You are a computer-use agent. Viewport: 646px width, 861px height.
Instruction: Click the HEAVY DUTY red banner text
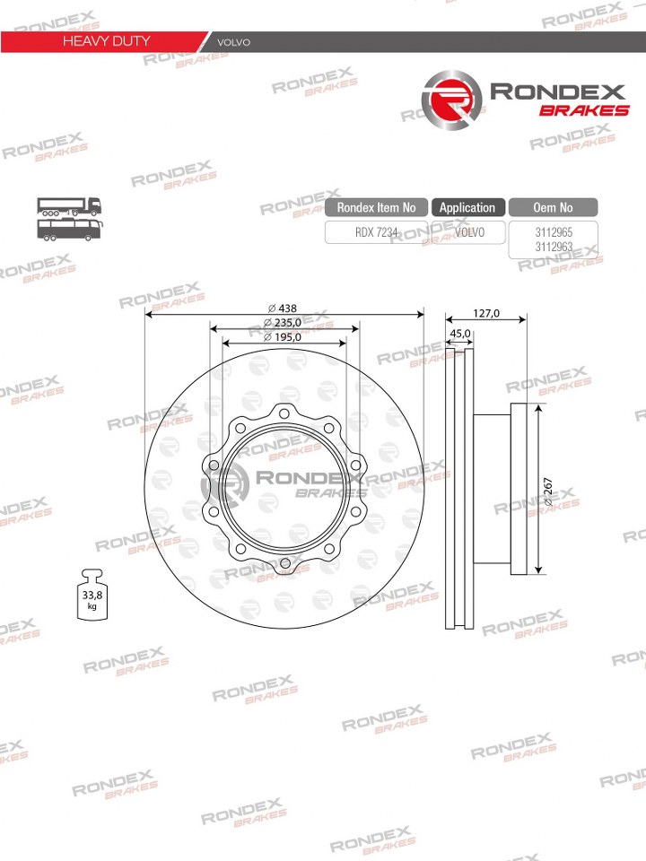(x=106, y=41)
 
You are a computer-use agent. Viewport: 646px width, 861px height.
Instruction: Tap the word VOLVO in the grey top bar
(x=233, y=42)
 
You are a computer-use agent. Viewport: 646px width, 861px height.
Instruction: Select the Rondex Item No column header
(x=376, y=207)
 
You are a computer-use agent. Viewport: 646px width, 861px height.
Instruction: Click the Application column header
(x=467, y=207)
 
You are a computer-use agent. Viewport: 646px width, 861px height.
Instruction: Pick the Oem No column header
(x=554, y=207)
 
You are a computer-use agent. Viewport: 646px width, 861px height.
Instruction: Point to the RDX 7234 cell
(x=376, y=232)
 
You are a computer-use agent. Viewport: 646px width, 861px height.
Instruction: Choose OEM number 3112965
(x=554, y=232)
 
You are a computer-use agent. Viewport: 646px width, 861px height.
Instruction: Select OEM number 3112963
(x=554, y=248)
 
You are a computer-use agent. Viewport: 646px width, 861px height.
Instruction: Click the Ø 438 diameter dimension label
(x=283, y=309)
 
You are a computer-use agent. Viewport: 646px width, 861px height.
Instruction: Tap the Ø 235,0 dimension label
(x=283, y=323)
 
